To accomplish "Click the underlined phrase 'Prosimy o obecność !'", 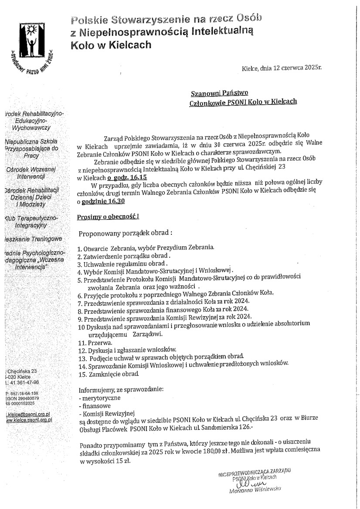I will pos(102,216).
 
